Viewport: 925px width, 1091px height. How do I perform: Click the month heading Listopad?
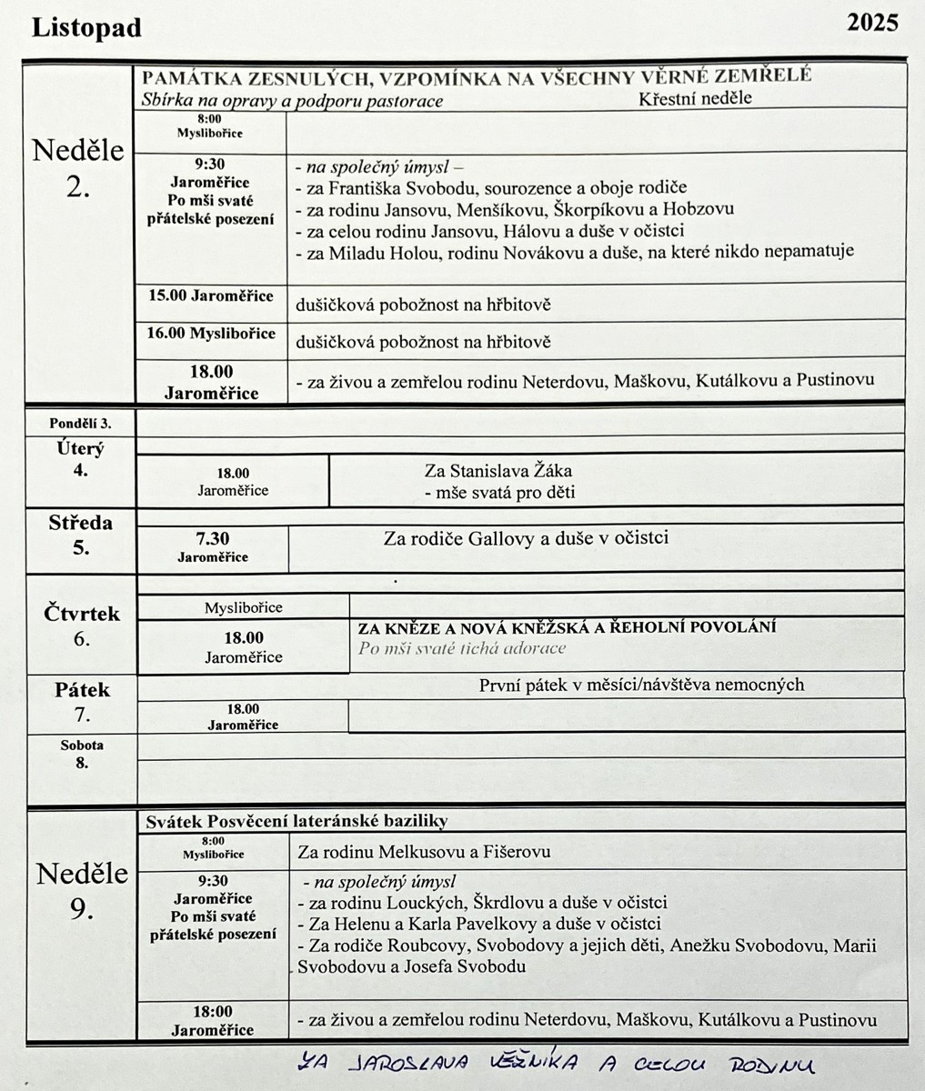(86, 28)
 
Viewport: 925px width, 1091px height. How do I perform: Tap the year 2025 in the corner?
(872, 23)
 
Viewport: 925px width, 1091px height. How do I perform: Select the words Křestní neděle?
(695, 98)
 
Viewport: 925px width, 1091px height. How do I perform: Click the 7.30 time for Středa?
(213, 539)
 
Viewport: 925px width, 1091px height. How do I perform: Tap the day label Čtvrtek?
(82, 614)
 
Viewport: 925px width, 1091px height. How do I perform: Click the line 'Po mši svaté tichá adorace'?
(462, 648)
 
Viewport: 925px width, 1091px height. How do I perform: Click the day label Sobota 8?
(82, 754)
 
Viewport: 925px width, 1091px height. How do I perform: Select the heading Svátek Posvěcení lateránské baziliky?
(297, 821)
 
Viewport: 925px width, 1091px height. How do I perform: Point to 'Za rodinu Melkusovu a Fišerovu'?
(424, 852)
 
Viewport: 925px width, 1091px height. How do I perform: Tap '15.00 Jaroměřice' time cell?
(210, 296)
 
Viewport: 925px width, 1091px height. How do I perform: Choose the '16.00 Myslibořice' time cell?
(211, 334)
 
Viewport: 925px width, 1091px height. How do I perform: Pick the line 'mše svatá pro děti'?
(499, 493)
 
